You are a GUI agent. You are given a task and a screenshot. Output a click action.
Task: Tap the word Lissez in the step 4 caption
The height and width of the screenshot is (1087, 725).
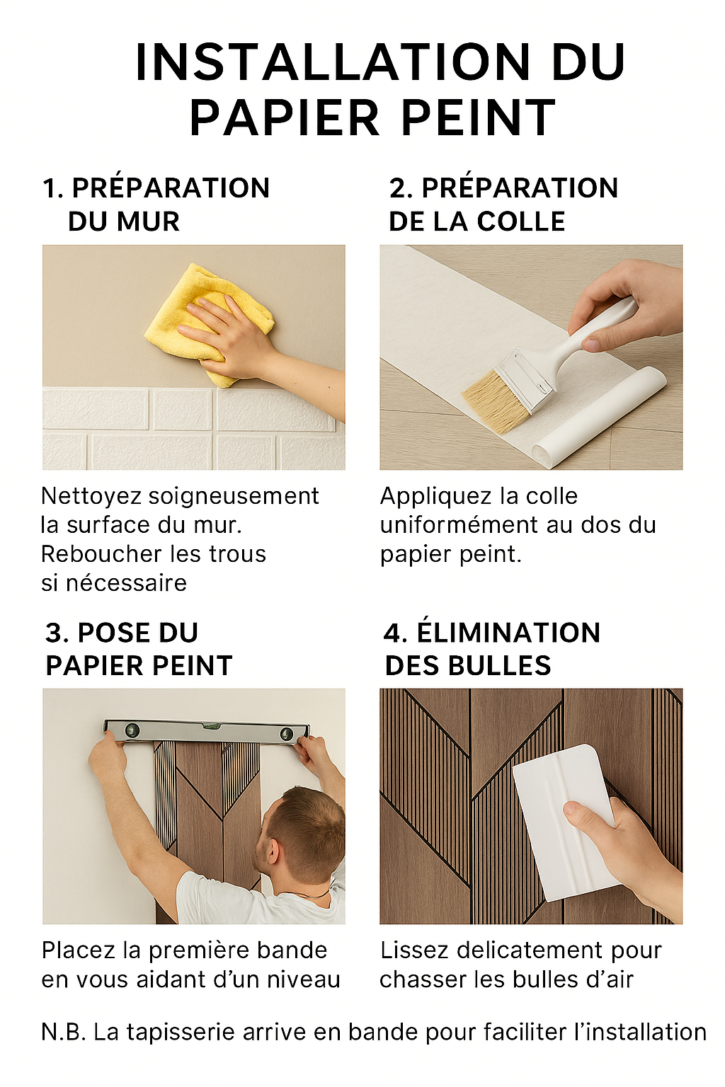413,950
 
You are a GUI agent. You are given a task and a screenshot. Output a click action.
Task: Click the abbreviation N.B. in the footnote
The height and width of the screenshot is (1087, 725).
64,1033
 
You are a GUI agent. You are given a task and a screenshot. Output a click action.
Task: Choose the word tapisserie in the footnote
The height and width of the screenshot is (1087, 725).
182,1033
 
